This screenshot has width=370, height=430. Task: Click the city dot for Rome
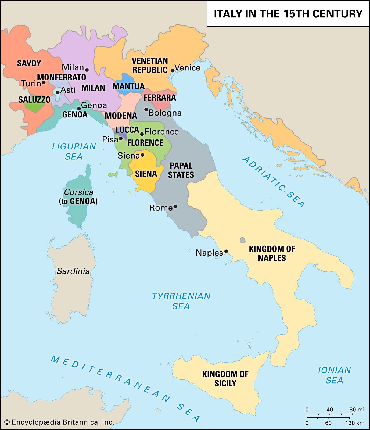click(175, 206)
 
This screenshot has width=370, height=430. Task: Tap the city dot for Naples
click(226, 251)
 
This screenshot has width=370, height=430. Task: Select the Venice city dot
click(173, 71)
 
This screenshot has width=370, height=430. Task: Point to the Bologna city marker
click(146, 109)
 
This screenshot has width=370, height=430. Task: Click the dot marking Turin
click(44, 83)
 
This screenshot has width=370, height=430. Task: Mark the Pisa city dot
click(121, 138)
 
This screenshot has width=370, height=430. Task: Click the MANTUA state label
click(128, 86)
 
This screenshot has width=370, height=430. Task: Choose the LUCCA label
click(127, 130)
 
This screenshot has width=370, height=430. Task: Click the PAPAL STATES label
click(181, 170)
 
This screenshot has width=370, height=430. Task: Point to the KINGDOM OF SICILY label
click(225, 378)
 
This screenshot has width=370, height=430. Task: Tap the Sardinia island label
click(73, 271)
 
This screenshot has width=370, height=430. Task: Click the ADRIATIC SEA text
click(274, 182)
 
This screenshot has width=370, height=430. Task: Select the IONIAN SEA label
click(334, 375)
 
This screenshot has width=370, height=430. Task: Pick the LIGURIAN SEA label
click(74, 151)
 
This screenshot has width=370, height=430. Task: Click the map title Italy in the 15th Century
click(288, 14)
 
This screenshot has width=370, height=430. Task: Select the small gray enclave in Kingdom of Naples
click(243, 240)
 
